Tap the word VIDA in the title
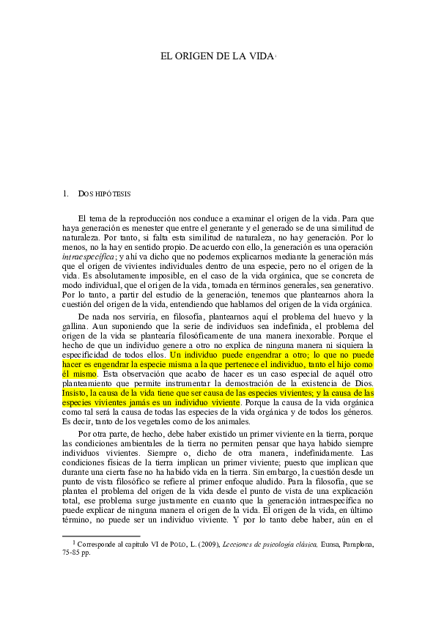click(257, 56)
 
